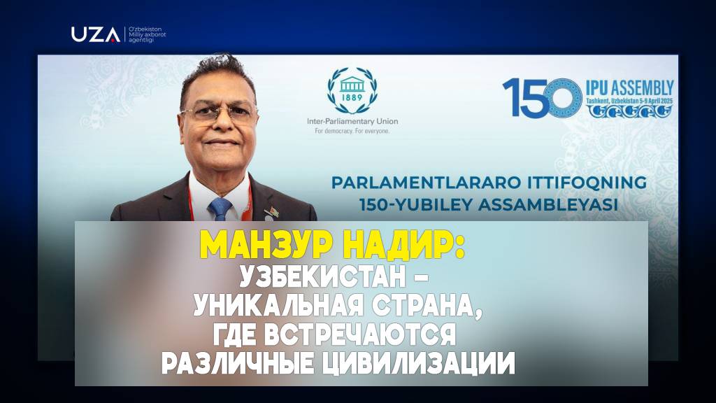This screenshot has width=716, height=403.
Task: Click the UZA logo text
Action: tap(95, 34)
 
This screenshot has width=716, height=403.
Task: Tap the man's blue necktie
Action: tap(220, 209)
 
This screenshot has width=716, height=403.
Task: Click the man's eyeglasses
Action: tap(218, 113)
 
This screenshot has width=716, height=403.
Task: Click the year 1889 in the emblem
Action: tap(352, 97)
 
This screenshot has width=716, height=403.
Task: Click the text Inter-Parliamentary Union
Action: tap(352, 122)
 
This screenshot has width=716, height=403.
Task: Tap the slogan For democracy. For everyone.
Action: tap(352, 131)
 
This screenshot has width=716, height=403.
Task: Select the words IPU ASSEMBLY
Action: tap(630, 87)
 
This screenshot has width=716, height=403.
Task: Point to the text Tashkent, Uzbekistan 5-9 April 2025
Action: tap(629, 101)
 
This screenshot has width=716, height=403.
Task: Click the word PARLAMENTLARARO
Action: tap(426, 183)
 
